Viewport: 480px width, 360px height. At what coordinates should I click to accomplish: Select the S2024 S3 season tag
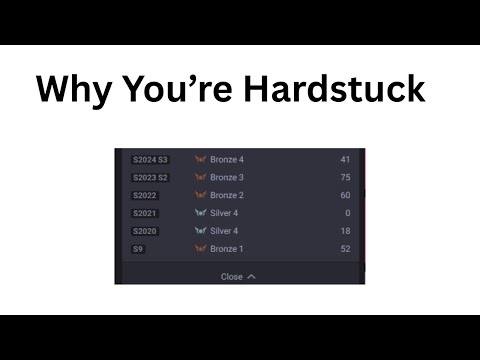click(x=150, y=159)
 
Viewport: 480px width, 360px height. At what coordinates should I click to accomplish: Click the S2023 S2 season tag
click(x=150, y=177)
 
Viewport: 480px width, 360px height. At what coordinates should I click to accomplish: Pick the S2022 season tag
click(x=145, y=195)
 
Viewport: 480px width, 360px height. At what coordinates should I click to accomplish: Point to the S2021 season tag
click(x=145, y=213)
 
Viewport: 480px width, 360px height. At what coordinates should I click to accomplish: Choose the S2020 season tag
click(x=145, y=231)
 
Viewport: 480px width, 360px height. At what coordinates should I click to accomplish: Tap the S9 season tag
click(x=138, y=249)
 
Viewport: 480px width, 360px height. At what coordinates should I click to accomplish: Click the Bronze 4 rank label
click(x=227, y=159)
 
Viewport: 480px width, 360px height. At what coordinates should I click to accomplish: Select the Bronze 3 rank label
click(x=227, y=177)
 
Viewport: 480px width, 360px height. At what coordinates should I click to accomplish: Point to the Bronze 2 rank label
click(x=227, y=195)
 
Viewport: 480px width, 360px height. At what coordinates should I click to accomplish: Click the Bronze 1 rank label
click(x=227, y=249)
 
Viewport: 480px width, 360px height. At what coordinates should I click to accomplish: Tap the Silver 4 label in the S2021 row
click(x=224, y=213)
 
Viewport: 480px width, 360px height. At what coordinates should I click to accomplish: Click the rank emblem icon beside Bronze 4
click(x=200, y=159)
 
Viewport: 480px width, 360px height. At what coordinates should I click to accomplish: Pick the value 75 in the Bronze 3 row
click(x=345, y=177)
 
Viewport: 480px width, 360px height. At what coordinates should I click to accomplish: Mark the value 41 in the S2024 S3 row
click(x=345, y=159)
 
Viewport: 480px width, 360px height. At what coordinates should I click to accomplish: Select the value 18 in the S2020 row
click(x=345, y=231)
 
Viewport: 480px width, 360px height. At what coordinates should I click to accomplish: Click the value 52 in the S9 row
click(x=345, y=249)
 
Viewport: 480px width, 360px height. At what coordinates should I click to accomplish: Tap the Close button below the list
click(x=238, y=276)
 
